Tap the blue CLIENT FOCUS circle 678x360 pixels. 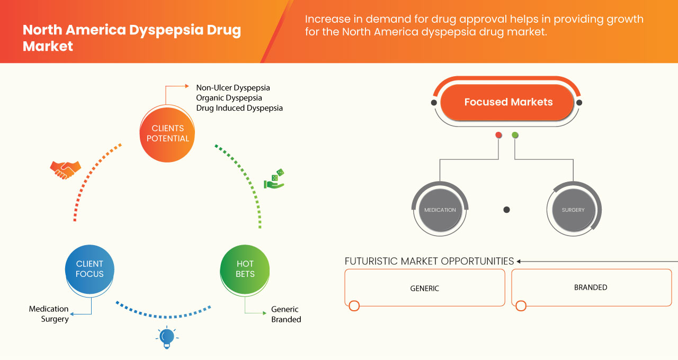90,269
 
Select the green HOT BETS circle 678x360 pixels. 245,269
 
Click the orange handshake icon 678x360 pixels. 65,169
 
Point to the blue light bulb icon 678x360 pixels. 167,337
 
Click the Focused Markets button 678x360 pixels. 508,102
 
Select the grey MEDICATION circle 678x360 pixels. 440,210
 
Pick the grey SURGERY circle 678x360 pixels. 573,210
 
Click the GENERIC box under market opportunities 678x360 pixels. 424,288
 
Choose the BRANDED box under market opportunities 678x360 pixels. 591,287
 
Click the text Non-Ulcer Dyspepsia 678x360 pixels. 233,88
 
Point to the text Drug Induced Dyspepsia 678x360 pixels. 239,108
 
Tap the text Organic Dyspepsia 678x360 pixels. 229,98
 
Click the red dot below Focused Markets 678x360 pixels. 498,136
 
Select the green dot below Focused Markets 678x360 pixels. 515,136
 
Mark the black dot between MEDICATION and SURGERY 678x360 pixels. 506,210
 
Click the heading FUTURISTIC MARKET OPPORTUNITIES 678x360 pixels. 429,261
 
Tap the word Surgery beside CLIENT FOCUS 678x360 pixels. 55,319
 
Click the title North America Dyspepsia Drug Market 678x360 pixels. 131,38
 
